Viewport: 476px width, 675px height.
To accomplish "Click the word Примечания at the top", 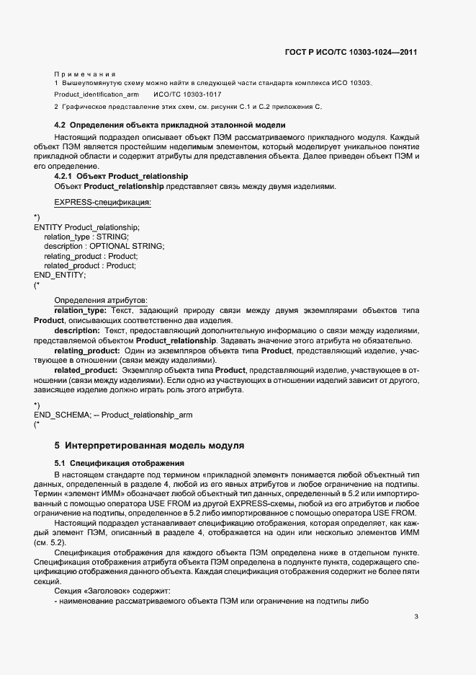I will [85, 74].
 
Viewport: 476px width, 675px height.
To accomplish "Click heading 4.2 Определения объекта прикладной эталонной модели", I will [170, 125].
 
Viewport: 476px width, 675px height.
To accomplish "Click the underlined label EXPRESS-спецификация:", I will [102, 203].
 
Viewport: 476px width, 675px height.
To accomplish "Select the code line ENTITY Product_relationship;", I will [87, 227].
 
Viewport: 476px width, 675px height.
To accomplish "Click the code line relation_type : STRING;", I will [86, 237].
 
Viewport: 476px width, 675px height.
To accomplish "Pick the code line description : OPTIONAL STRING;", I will [104, 246].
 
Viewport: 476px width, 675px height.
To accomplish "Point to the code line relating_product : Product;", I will [91, 256].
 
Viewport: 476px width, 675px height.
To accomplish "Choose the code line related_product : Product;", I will [90, 265].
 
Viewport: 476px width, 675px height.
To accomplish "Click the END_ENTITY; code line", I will [60, 275].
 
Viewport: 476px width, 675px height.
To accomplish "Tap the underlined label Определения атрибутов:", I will [100, 300].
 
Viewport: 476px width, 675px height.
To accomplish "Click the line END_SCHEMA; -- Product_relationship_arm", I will [113, 415].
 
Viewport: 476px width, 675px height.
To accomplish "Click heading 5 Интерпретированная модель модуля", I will [149, 446].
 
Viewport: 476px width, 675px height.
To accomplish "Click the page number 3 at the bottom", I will [416, 617].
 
